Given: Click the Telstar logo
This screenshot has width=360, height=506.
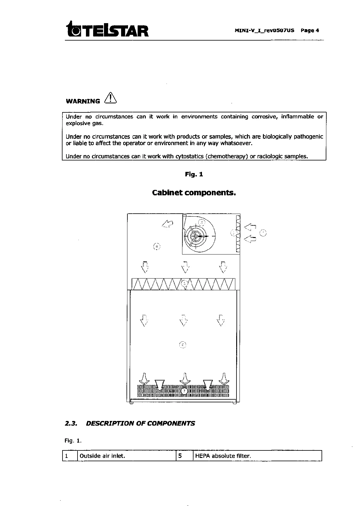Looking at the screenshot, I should pos(108,29).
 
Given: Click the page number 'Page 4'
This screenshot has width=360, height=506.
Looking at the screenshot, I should pos(310,30).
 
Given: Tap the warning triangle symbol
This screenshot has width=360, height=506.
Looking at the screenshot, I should pos(110,98).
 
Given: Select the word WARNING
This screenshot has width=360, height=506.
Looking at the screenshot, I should pos(83,101).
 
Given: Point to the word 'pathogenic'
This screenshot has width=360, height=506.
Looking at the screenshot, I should pos(308,136).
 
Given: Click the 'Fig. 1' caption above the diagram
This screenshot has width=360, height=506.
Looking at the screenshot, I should pos(194,174).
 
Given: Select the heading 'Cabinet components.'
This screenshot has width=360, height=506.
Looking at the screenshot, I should pos(194,193).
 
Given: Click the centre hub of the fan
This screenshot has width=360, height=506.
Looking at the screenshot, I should pos(195,236).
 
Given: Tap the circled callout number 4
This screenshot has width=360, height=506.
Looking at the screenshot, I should pos(157,247).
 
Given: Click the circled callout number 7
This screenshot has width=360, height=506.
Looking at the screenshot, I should pos(185,391).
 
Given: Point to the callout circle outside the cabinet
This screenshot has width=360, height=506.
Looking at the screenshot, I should pos(263,233).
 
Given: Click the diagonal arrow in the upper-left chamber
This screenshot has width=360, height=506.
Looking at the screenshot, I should pos(167,224).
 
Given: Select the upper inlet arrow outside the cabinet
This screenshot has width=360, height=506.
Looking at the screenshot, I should pos(250,227).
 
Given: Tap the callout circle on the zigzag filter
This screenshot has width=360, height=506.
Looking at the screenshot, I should pos(185,283).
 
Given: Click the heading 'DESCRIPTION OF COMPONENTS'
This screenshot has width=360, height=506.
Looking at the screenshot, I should pos(140,423).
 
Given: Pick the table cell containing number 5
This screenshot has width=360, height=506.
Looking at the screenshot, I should pos(184,456).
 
